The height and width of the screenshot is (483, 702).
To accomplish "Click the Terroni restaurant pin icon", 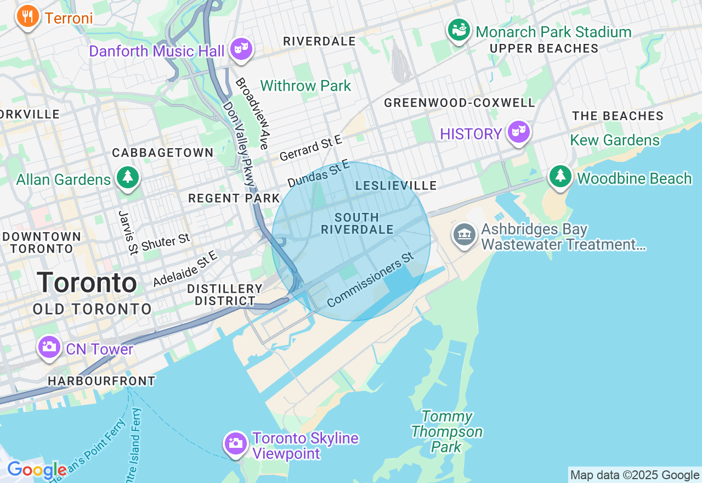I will point(27,16).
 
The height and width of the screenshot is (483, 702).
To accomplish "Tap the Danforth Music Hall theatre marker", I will point(241,49).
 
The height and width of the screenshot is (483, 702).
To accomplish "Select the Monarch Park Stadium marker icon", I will point(459,30).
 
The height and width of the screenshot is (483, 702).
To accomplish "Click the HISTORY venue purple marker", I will point(518,132).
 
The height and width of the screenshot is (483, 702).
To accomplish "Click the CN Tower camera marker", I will point(49,347).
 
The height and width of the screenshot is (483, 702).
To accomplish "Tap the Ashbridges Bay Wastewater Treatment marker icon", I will point(465,234).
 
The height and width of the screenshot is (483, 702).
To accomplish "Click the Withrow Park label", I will point(305,86).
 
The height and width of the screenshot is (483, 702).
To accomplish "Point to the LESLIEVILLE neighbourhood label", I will point(396,186).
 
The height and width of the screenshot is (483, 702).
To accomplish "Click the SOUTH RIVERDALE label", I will point(357,223).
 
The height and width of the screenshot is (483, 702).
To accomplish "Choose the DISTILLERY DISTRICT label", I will point(225,295).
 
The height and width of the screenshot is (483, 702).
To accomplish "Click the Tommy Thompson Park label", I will point(446,431).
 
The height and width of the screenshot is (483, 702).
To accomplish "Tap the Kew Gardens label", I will point(615,141).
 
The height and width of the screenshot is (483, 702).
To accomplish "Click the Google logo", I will point(37,470).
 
